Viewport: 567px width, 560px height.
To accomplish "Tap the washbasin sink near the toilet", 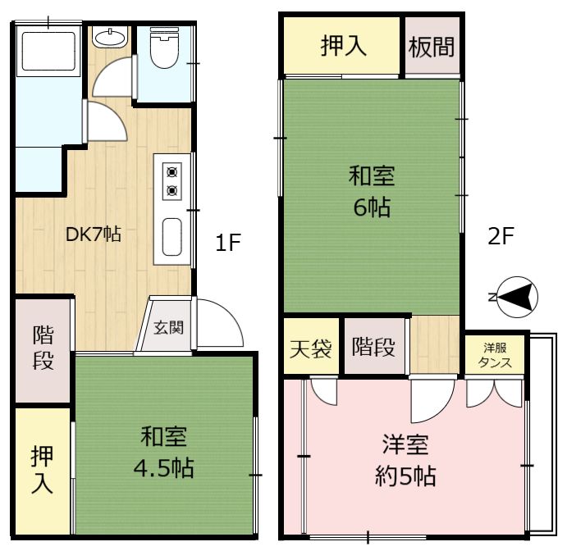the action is click(109, 37).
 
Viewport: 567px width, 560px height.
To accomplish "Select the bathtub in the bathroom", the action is click(48, 52).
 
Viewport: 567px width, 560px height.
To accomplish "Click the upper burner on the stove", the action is click(171, 171).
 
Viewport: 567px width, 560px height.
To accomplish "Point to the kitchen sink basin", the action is click(171, 237).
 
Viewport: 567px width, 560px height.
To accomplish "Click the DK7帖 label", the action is click(94, 234).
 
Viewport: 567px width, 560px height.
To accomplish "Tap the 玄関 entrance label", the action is click(168, 327).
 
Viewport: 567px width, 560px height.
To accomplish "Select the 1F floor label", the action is click(228, 242).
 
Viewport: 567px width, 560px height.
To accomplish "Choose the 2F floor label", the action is click(501, 236).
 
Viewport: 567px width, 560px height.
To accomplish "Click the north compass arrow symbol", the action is click(517, 297).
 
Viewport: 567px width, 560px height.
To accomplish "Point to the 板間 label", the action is click(432, 47).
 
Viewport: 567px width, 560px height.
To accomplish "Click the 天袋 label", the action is click(311, 348).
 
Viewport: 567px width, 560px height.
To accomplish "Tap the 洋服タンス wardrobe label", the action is click(495, 355).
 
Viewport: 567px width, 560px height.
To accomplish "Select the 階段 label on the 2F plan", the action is click(373, 347).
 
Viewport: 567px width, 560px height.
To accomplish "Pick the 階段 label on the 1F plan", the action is click(43, 348).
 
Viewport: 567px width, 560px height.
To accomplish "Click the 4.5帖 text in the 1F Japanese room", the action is click(164, 468).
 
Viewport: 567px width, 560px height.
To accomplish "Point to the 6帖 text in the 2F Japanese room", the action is click(372, 207).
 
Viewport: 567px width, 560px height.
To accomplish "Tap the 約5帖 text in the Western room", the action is click(405, 476).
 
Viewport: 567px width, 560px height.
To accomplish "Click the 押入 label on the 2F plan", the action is click(344, 46).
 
